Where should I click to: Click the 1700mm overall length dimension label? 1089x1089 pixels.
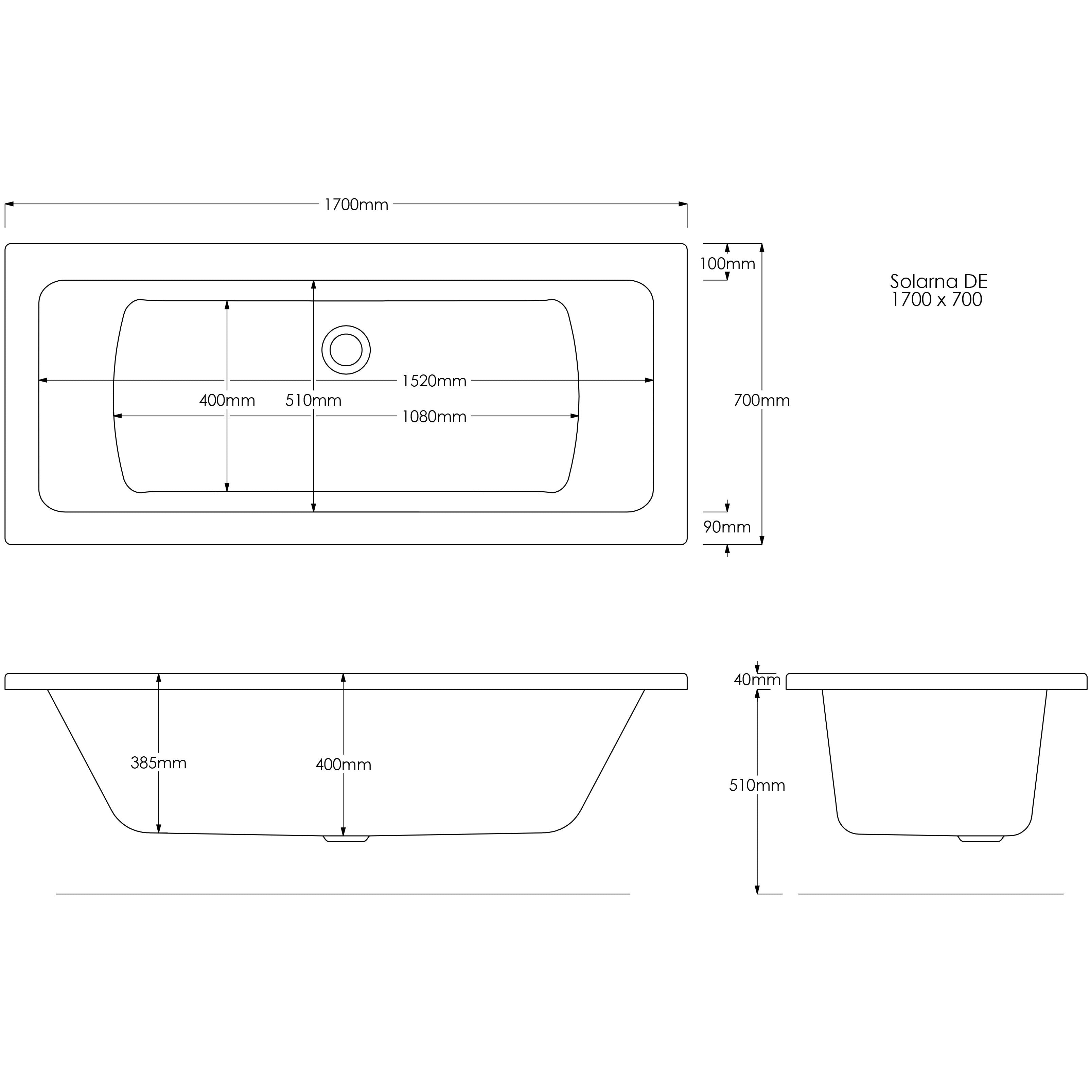click(356, 205)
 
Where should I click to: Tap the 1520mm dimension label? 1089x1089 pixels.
click(434, 381)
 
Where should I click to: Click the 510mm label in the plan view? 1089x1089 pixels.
click(313, 400)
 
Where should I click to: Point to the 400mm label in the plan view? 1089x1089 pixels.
click(227, 400)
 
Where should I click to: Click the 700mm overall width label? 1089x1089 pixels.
click(761, 400)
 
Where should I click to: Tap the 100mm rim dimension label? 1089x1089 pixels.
click(727, 263)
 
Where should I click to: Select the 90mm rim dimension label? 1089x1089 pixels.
click(727, 527)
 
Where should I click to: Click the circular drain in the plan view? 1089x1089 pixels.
click(346, 350)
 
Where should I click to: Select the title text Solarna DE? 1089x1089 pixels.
click(938, 281)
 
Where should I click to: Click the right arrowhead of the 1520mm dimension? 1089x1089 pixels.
click(649, 381)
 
